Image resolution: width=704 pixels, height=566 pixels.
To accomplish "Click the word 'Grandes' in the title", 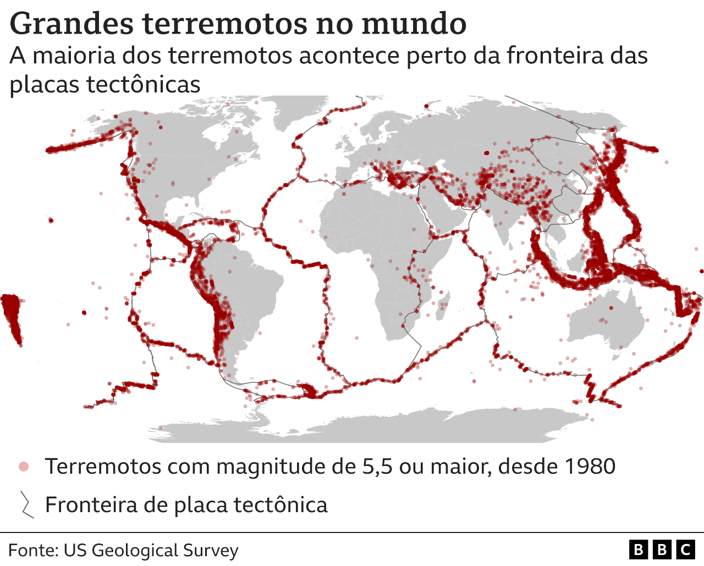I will pos(71,24).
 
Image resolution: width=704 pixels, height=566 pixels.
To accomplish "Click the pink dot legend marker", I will pos(24,467).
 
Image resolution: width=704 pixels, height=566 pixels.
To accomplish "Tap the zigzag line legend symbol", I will pos(26,504).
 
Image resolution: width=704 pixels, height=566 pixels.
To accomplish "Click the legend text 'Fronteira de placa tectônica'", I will pos(186,504).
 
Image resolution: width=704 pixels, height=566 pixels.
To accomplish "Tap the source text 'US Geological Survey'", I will pos(151,550).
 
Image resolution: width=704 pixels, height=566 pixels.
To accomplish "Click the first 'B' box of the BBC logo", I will pos(639,550).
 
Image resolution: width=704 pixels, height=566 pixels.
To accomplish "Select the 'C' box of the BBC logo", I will pos(686,550).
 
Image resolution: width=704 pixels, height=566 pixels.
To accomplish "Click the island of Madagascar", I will pos(443,305).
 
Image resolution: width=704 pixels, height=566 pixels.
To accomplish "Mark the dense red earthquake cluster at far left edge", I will pos(11,316).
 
